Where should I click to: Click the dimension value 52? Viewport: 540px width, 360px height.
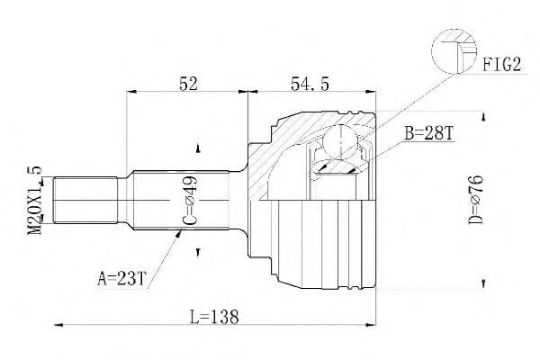tap(189, 83)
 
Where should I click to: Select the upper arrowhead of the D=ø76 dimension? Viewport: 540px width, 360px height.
tap(484, 116)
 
